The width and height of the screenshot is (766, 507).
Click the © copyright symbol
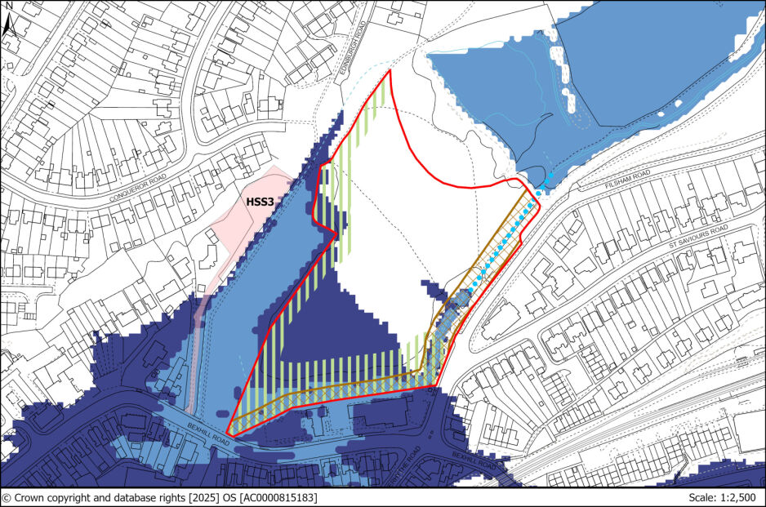tap(7, 497)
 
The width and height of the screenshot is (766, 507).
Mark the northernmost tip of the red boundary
tap(390, 71)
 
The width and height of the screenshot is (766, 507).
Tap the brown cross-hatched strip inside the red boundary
tap(343, 387)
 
